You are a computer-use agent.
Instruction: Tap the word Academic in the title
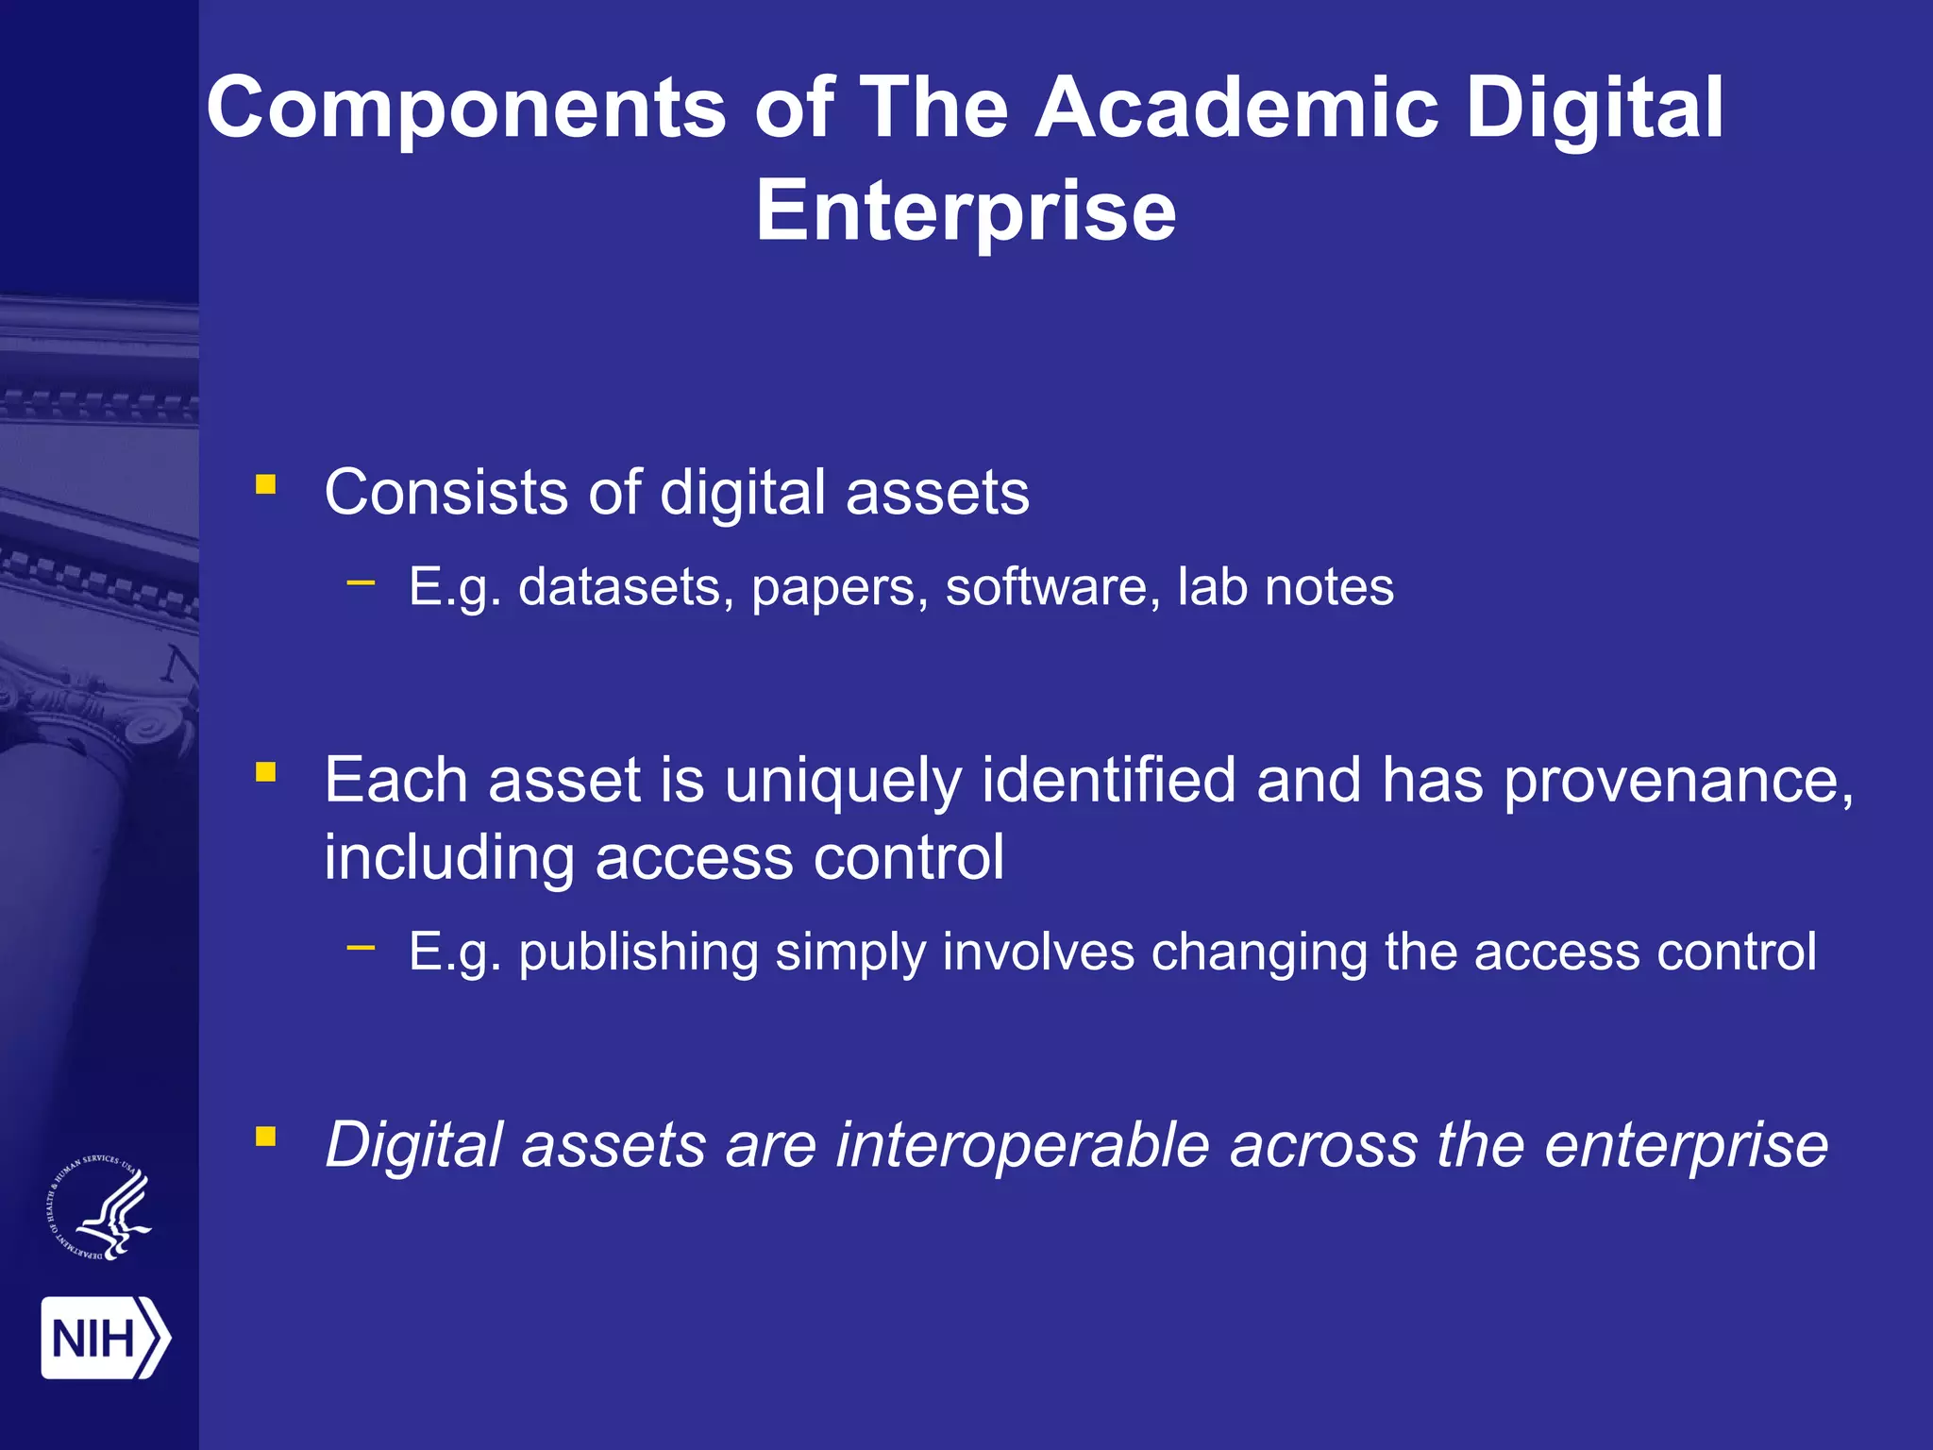coord(1236,108)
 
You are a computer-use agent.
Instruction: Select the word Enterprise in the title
coord(966,211)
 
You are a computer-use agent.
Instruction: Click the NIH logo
coord(105,1338)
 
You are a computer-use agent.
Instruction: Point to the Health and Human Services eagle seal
coord(99,1208)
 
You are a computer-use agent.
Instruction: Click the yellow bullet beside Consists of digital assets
coord(266,485)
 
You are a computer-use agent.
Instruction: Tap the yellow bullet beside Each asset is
coord(266,773)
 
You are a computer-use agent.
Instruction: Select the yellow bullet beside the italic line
coord(266,1137)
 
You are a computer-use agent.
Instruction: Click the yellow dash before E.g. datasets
coord(361,582)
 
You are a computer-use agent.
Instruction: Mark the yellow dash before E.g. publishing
coord(361,947)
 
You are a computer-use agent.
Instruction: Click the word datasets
coord(626,587)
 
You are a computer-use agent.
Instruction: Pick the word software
coord(1052,587)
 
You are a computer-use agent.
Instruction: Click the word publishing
coord(638,952)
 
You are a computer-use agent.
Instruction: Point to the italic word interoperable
coord(1022,1145)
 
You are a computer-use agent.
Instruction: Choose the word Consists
coord(445,493)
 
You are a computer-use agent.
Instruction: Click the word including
coord(449,858)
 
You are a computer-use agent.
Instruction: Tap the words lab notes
coord(1285,587)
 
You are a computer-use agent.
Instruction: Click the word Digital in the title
coord(1594,108)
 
